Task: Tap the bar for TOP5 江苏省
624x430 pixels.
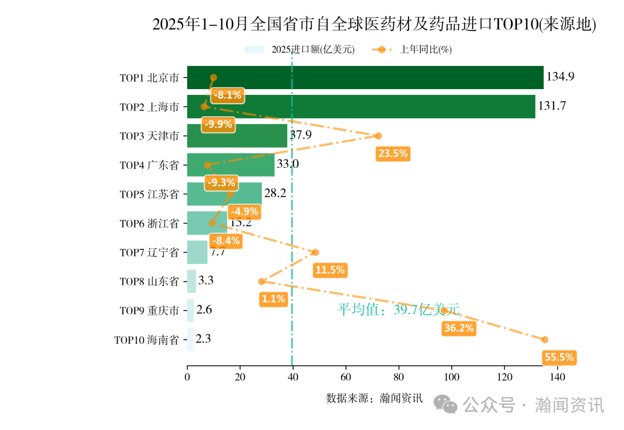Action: [x=224, y=194]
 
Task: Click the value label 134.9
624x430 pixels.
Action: [x=560, y=76]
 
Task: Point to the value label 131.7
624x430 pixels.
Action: [x=552, y=106]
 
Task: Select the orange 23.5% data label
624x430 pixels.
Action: [x=392, y=153]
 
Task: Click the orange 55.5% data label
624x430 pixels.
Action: [x=559, y=357]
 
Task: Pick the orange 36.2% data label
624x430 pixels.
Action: [x=459, y=328]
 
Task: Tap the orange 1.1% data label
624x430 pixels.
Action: [x=273, y=299]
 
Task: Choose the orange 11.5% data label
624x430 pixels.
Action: [x=329, y=270]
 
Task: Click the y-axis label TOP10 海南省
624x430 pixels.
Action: [x=146, y=340]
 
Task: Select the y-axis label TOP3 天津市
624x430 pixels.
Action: [x=149, y=136]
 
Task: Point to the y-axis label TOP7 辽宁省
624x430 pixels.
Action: [x=149, y=252]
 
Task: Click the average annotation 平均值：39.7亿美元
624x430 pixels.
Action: [x=398, y=310]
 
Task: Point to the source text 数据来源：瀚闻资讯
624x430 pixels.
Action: [x=374, y=398]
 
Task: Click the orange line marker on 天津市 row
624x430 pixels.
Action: [x=378, y=136]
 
